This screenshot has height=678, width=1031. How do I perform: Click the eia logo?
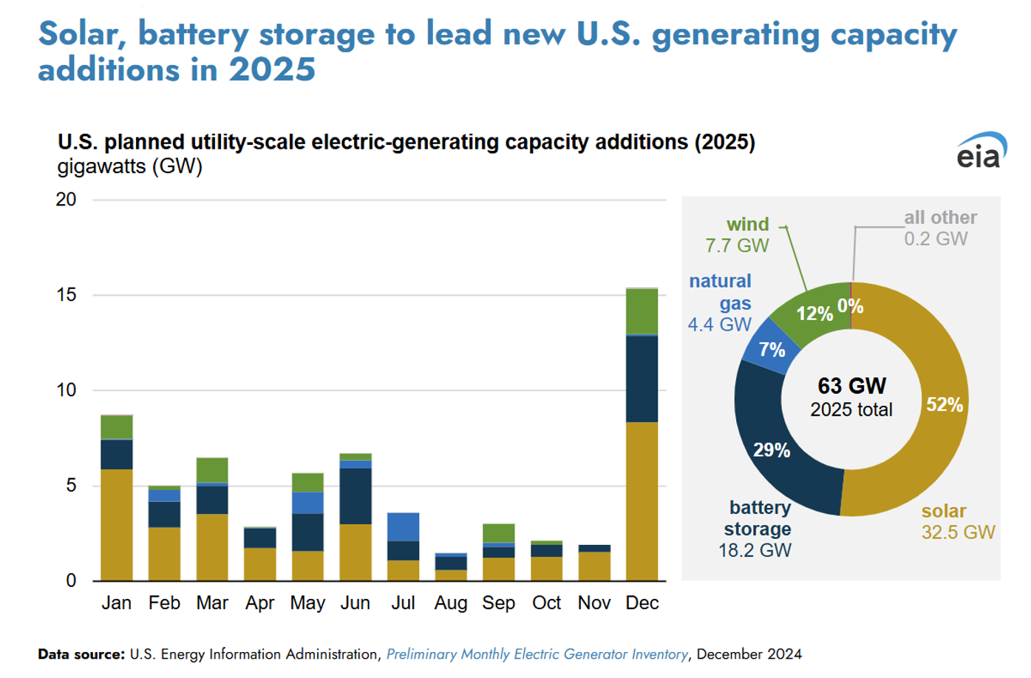981,152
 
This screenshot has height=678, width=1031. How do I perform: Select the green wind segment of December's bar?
642,311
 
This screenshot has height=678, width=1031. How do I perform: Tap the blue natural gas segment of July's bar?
403,526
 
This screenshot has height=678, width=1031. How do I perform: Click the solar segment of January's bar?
117,524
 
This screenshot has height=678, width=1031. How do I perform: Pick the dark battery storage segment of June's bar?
355,495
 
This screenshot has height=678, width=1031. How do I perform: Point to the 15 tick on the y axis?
67,295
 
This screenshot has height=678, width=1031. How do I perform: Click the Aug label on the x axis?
451,603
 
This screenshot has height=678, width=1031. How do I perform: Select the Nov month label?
594,603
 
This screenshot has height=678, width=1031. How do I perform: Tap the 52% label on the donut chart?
945,404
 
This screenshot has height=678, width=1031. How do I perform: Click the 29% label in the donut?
772,450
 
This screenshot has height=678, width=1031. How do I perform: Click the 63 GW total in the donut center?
851,386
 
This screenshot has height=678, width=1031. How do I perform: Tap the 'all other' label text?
940,217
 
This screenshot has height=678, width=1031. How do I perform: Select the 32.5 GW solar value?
958,532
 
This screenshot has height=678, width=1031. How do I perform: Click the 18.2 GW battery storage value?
755,551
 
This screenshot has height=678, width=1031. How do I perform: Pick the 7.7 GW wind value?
737,245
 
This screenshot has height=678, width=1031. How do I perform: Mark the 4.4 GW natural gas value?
719,325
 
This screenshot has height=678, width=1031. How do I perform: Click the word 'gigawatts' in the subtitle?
102,166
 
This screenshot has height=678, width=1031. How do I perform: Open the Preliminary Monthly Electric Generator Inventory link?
537,654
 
